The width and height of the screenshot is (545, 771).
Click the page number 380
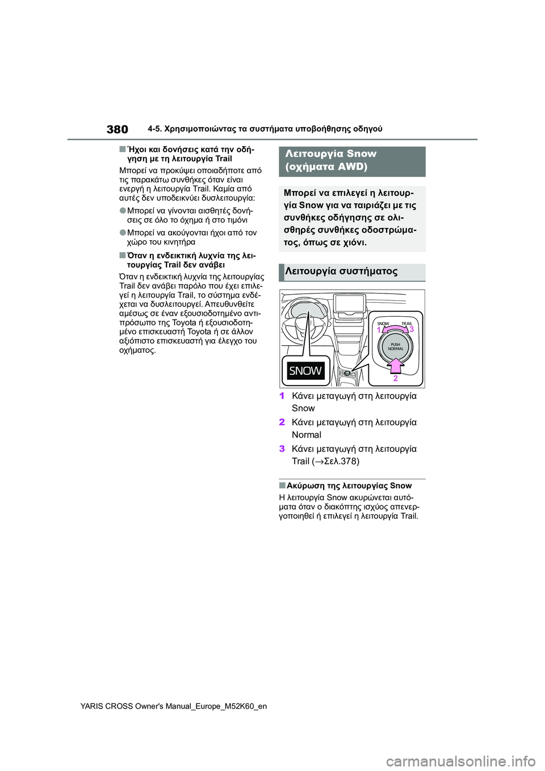click(118, 129)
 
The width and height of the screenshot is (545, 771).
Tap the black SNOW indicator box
click(305, 371)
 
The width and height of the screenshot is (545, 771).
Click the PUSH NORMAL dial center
click(395, 346)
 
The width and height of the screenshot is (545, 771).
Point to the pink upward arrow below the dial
click(395, 365)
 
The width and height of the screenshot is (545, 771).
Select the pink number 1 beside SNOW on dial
click(379, 329)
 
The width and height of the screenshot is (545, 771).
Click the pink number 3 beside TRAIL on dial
click(412, 329)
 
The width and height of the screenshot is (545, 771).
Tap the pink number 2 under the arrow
click(396, 378)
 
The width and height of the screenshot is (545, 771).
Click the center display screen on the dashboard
click(350, 304)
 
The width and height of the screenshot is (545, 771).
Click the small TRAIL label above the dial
click(406, 324)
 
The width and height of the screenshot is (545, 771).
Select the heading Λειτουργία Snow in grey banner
click(331, 154)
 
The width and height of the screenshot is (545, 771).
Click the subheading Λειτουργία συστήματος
click(341, 271)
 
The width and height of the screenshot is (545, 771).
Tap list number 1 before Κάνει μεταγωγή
click(282, 396)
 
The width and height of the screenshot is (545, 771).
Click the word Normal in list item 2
click(307, 435)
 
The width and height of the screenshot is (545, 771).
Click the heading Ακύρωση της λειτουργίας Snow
click(349, 485)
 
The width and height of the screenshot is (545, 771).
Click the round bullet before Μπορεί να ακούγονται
click(123, 232)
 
